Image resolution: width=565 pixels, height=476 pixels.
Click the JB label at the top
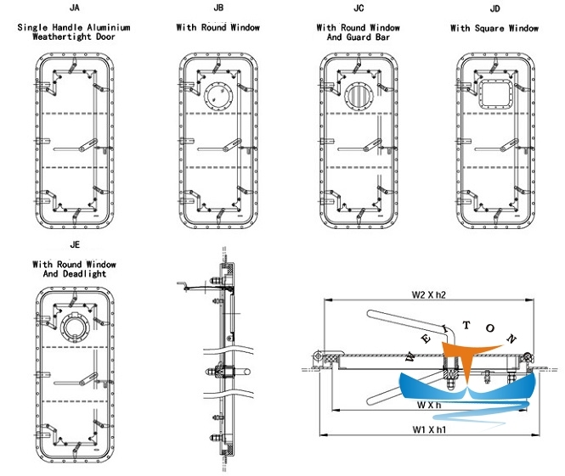[x=218, y=8]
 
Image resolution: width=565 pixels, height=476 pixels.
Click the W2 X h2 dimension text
[x=422, y=294]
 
